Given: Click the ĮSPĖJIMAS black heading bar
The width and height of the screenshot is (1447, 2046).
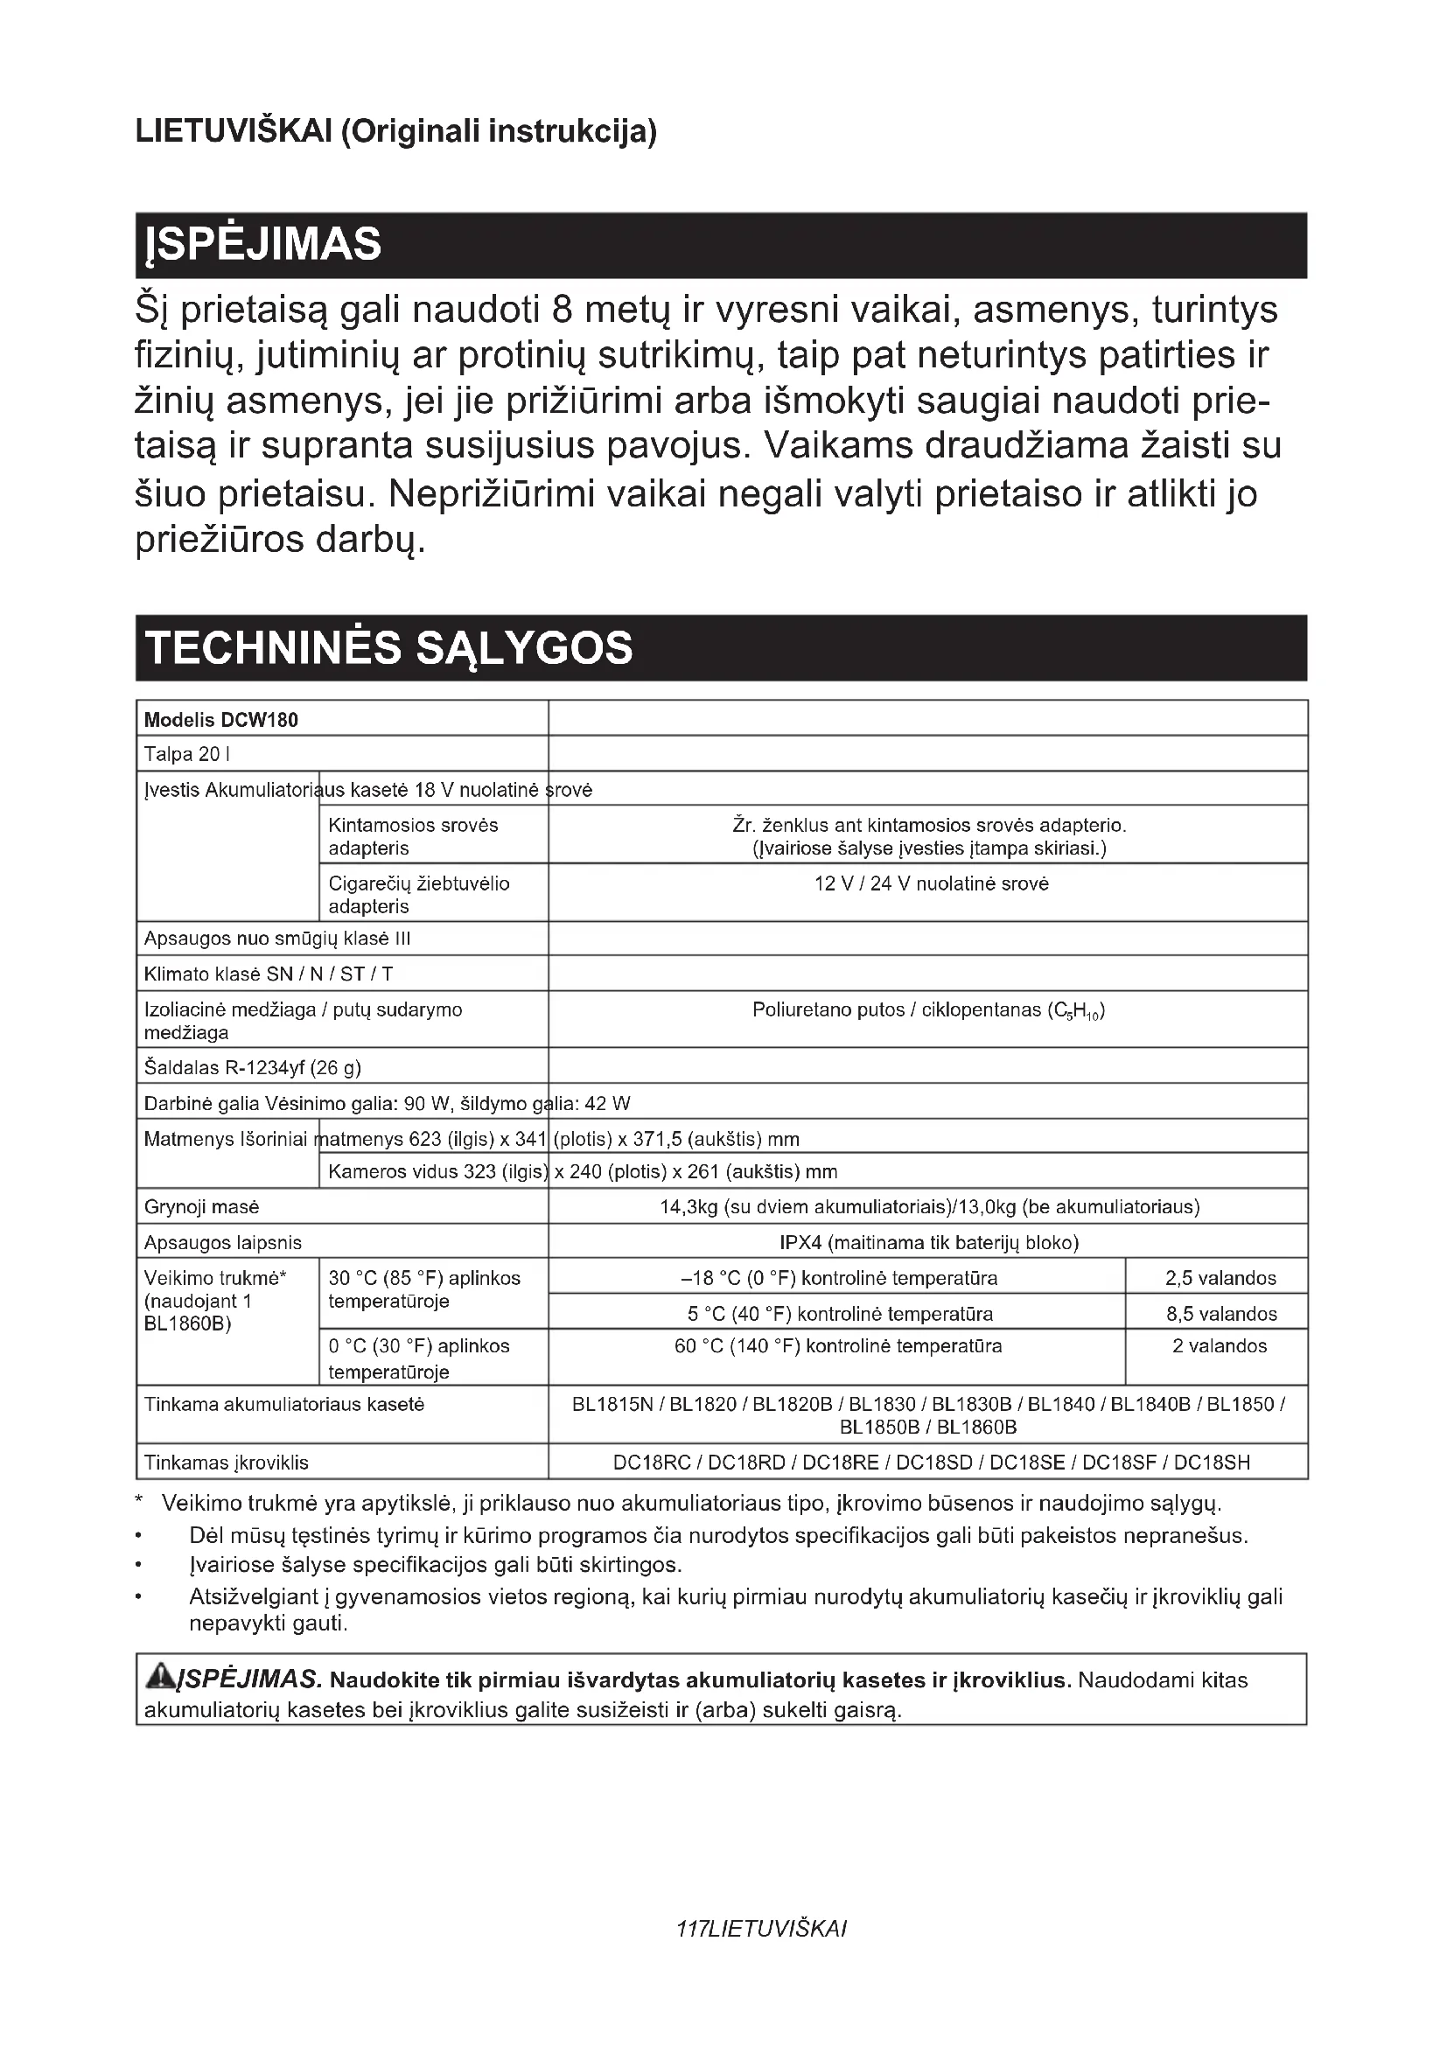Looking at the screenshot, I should point(721,245).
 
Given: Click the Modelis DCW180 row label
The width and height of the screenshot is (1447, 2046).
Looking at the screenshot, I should point(221,719).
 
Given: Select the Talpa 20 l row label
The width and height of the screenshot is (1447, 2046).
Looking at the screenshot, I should point(187,754).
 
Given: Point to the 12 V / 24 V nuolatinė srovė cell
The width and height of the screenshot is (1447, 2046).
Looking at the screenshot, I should point(931,883).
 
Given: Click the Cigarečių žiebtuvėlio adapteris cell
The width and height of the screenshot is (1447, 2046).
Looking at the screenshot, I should point(419,894).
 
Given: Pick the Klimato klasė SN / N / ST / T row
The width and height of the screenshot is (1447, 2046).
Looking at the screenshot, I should point(269,973).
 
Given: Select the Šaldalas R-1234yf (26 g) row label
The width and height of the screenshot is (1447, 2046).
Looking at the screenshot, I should point(252,1066).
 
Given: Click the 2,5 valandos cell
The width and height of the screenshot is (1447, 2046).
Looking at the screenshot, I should point(1220,1278).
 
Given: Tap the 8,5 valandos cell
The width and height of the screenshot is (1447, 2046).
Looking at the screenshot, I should point(1220,1314).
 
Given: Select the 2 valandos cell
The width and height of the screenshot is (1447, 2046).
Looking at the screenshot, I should point(1219,1345).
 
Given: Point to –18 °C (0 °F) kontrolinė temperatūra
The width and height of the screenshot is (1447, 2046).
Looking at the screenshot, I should point(838,1278).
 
